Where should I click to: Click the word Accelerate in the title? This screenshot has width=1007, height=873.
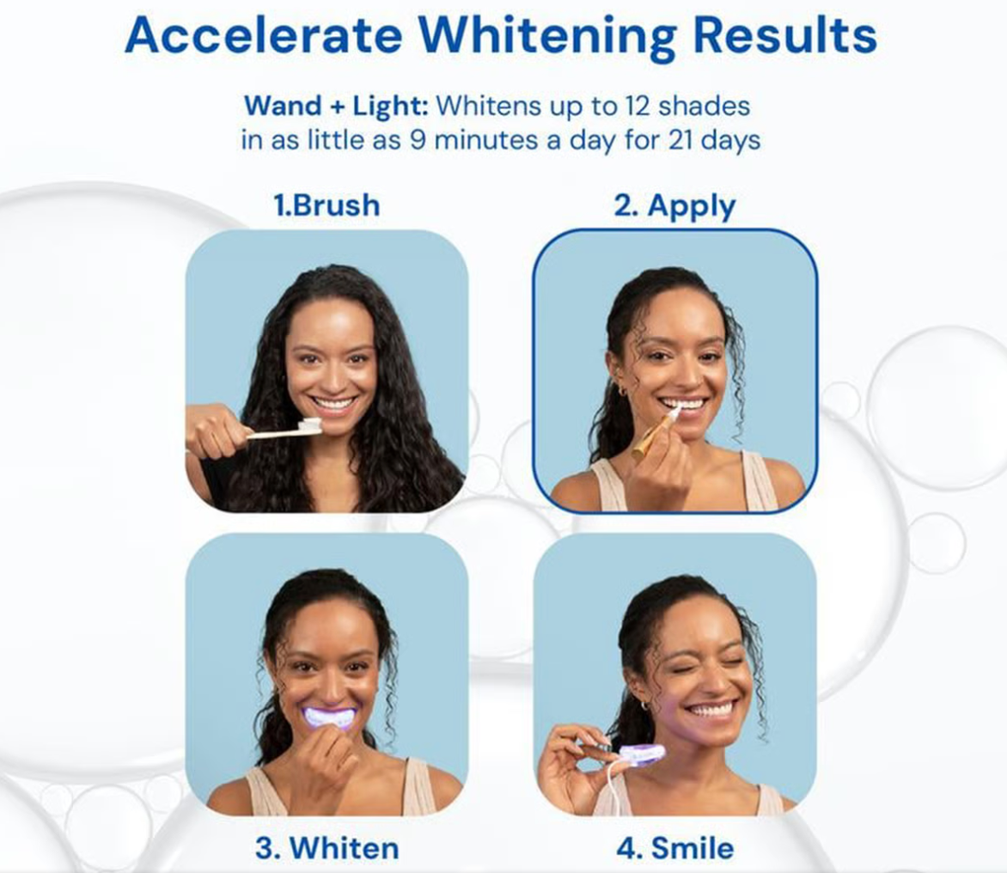[263, 34]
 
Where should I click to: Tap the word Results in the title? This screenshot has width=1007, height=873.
[784, 34]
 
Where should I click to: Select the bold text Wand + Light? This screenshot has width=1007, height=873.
[336, 106]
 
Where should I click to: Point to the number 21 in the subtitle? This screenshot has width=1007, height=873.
[680, 139]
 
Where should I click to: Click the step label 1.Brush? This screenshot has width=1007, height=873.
[327, 205]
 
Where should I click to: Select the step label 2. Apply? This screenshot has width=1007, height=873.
[674, 207]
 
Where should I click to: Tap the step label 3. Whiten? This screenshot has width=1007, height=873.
[327, 848]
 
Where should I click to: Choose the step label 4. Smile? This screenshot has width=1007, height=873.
[675, 848]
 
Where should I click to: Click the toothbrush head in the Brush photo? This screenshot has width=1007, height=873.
[310, 425]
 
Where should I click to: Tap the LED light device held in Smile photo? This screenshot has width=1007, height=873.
[642, 754]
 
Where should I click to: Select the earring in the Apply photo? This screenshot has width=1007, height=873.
[622, 391]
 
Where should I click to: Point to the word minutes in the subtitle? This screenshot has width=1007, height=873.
[487, 139]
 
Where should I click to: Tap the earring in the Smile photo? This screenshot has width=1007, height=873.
[644, 706]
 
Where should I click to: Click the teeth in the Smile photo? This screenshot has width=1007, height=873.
[711, 711]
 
